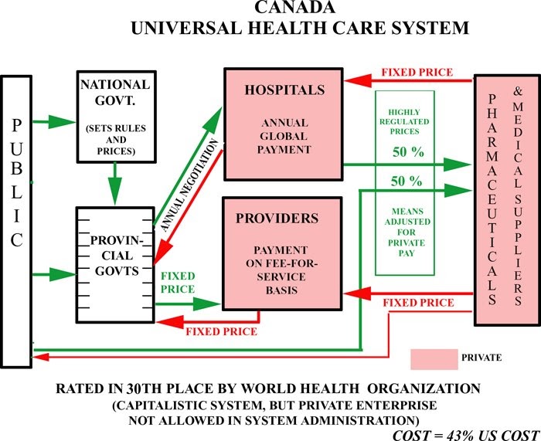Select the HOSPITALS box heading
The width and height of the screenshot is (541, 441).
pos(284,90)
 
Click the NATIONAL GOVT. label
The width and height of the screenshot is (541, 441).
pos(115,91)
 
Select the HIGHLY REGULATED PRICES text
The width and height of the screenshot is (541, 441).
pos(406,122)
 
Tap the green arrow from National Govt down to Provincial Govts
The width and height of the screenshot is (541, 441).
pos(115,185)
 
